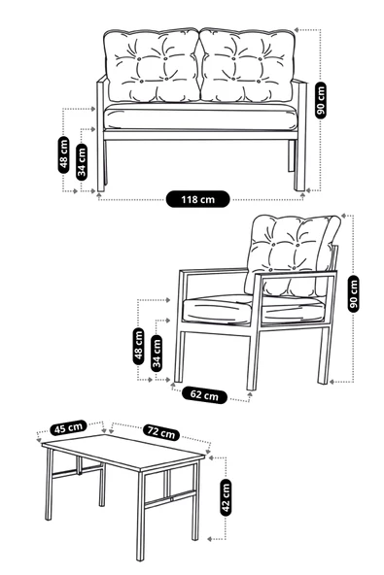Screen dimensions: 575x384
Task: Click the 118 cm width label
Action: click(x=198, y=199)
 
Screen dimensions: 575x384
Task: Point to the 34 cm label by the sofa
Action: click(x=83, y=160)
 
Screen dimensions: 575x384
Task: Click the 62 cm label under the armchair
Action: click(x=204, y=395)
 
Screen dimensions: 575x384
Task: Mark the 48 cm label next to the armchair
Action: click(x=139, y=345)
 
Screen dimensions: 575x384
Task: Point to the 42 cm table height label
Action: click(x=227, y=496)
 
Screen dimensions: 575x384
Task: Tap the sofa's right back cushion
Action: click(x=249, y=67)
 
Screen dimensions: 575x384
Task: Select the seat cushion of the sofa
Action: click(x=199, y=118)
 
